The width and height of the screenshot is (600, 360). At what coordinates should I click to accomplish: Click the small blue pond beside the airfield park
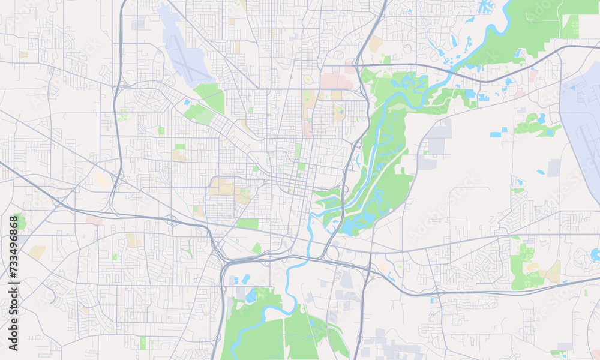tap(188, 103)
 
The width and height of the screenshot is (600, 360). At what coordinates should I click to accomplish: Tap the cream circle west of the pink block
tap(308, 79)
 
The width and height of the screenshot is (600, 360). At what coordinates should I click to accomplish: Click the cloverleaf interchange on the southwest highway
tap(170, 218)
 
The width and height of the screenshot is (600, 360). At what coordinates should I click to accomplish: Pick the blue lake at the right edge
tap(595, 254)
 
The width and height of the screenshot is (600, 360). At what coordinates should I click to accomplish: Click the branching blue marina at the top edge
tap(485, 7)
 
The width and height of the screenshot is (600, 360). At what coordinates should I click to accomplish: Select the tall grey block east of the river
tap(439, 138)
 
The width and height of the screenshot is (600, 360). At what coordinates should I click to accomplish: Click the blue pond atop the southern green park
tap(250, 296)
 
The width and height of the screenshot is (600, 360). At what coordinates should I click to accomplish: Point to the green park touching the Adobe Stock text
tap(19, 222)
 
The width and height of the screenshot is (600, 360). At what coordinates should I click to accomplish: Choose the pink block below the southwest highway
tap(94, 221)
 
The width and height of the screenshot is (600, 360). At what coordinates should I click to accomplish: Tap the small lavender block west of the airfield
tap(137, 25)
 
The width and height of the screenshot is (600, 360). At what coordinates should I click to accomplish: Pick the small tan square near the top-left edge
tap(23, 55)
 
